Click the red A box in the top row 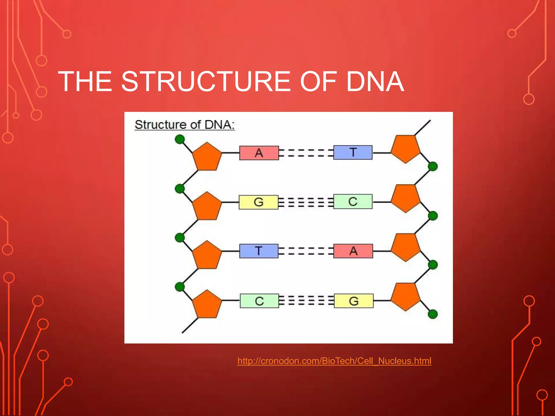pyautogui.click(x=259, y=153)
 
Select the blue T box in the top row pyautogui.click(x=353, y=152)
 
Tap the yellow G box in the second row pyautogui.click(x=258, y=202)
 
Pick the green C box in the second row pyautogui.click(x=353, y=201)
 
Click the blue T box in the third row pyautogui.click(x=259, y=251)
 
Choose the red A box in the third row pyautogui.click(x=353, y=251)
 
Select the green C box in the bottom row pyautogui.click(x=259, y=301)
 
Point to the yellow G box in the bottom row pyautogui.click(x=353, y=301)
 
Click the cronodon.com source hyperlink pyautogui.click(x=334, y=361)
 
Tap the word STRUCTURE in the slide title pyautogui.click(x=206, y=81)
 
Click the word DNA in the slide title pyautogui.click(x=375, y=81)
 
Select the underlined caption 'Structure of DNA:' pyautogui.click(x=185, y=125)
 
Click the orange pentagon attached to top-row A pyautogui.click(x=207, y=157)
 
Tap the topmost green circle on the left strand pyautogui.click(x=180, y=139)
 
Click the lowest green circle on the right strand pyautogui.click(x=433, y=314)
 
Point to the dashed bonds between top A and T pyautogui.click(x=306, y=153)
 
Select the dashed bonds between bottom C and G pyautogui.click(x=306, y=301)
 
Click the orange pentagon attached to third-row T pyautogui.click(x=207, y=255)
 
